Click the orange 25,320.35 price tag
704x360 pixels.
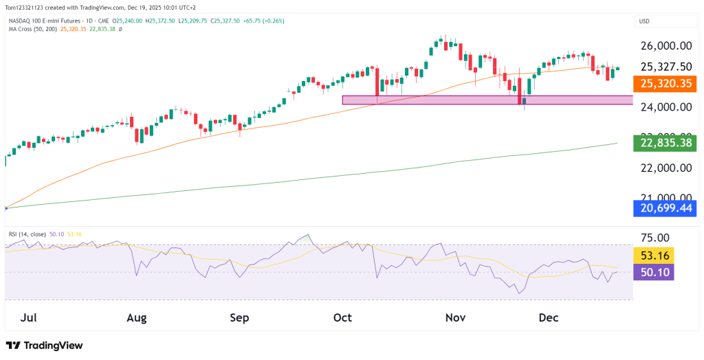pyautogui.click(x=665, y=84)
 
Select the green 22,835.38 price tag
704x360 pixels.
pyautogui.click(x=665, y=143)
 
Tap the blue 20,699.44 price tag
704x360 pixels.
pyautogui.click(x=665, y=209)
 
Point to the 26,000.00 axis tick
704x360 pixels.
pyautogui.click(x=665, y=46)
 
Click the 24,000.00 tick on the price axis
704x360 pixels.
pyautogui.click(x=665, y=107)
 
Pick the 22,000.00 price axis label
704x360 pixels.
pyautogui.click(x=665, y=168)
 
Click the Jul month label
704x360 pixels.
pyautogui.click(x=29, y=317)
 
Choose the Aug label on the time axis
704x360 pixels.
pyautogui.click(x=137, y=317)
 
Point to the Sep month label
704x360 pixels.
pyautogui.click(x=239, y=317)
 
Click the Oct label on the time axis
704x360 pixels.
pyautogui.click(x=342, y=317)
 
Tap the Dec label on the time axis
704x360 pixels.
pyautogui.click(x=548, y=317)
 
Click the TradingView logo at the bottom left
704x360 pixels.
pyautogui.click(x=44, y=346)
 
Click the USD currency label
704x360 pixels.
pyautogui.click(x=645, y=21)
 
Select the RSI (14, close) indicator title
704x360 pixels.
pyautogui.click(x=27, y=234)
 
